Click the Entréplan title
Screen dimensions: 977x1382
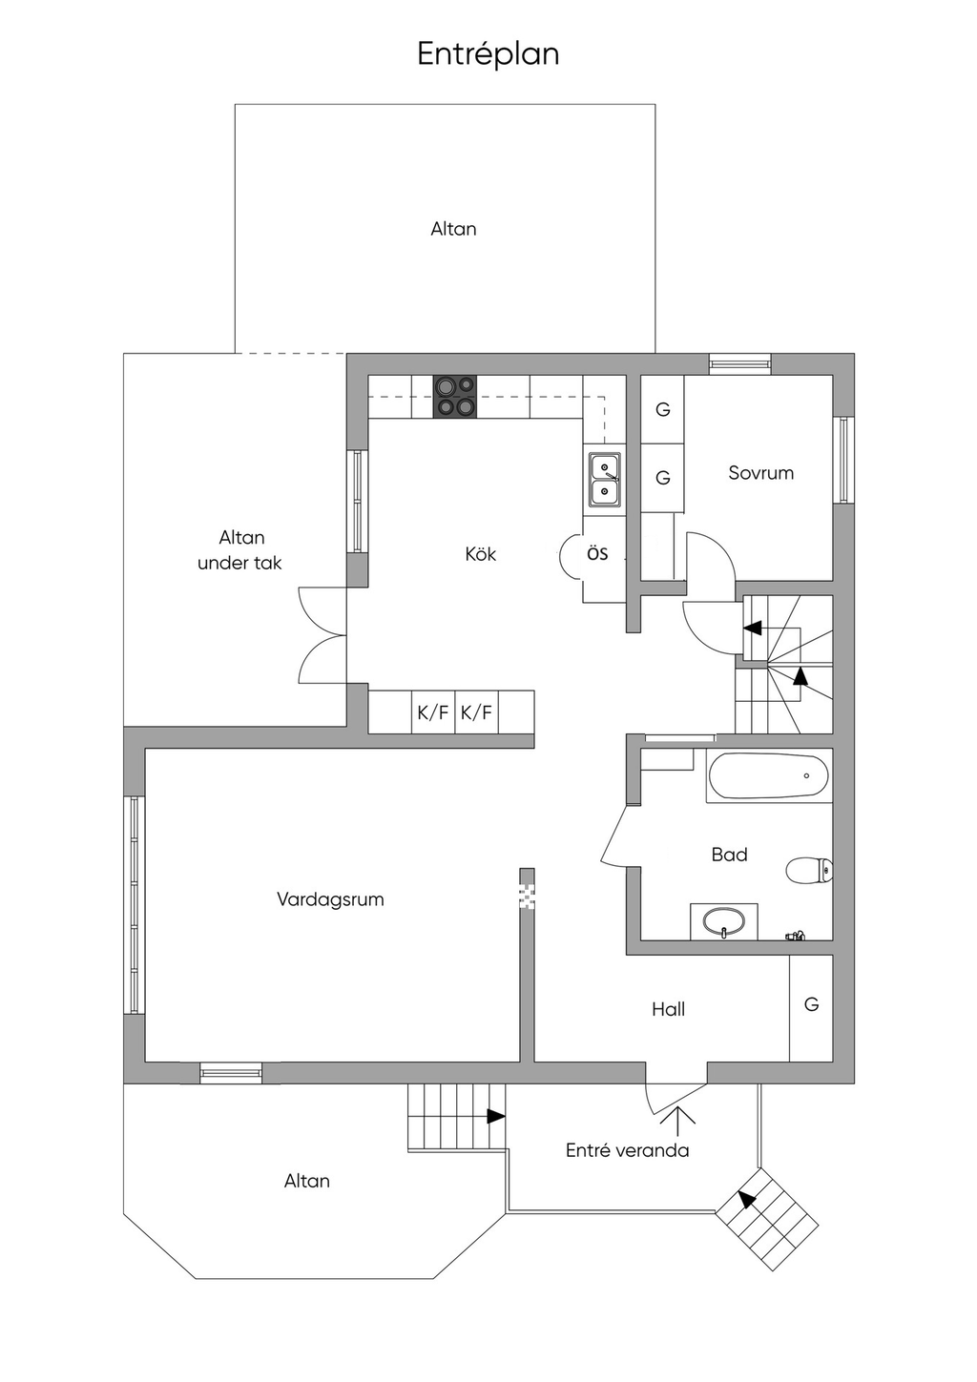coord(488,53)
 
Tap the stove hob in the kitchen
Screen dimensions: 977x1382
coord(455,397)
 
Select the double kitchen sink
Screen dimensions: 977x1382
coord(604,479)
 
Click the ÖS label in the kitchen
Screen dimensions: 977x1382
coord(597,554)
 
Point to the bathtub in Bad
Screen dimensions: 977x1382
coord(768,776)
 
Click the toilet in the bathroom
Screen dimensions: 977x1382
coord(809,869)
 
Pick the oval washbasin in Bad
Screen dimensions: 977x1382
coord(723,922)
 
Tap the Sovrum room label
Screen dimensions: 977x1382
coord(760,473)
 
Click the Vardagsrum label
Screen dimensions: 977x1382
coord(330,899)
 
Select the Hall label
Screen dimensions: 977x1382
coord(668,1009)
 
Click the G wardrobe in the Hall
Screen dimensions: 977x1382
coord(811,1005)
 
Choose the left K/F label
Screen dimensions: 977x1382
coord(432,712)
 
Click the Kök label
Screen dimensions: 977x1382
coord(481,554)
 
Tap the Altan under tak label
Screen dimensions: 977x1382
coord(240,550)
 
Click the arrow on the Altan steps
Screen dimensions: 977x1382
coord(494,1115)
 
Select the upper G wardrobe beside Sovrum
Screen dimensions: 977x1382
coord(663,410)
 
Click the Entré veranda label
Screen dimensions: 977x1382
coord(627,1150)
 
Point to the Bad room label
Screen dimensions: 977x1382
coord(729,855)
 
